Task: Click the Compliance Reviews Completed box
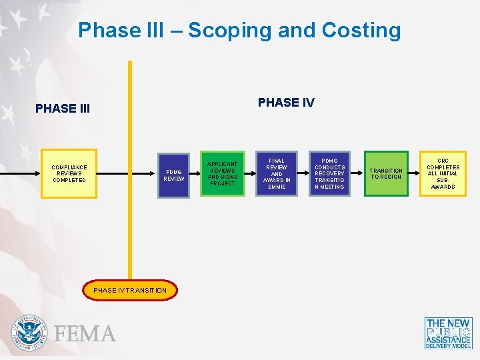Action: coord(69,174)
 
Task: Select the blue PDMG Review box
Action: coord(174,175)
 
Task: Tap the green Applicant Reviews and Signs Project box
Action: coord(223,174)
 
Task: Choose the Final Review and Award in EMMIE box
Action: coord(277,174)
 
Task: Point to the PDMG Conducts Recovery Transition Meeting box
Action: coord(330,174)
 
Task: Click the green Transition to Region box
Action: coord(386,174)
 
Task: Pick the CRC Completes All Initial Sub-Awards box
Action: coord(443,174)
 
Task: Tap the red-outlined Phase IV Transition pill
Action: coord(130,291)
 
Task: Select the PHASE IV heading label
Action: coord(286,103)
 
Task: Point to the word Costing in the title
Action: coord(361,31)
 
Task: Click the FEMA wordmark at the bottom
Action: coord(85,333)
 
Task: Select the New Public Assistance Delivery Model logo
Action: coord(448,333)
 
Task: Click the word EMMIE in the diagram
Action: coord(277,187)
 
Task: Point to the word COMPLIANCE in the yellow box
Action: coord(69,167)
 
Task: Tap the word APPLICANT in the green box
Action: coord(223,164)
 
